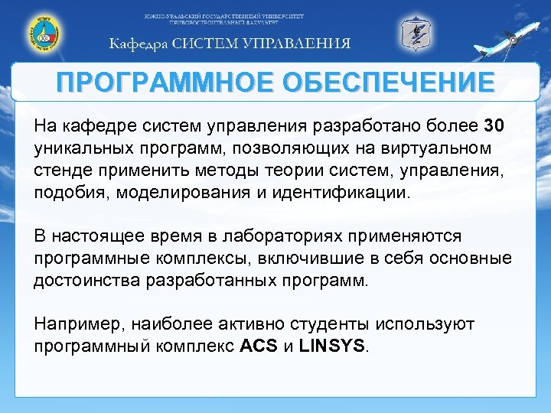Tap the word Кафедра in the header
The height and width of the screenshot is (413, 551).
(x=138, y=44)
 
